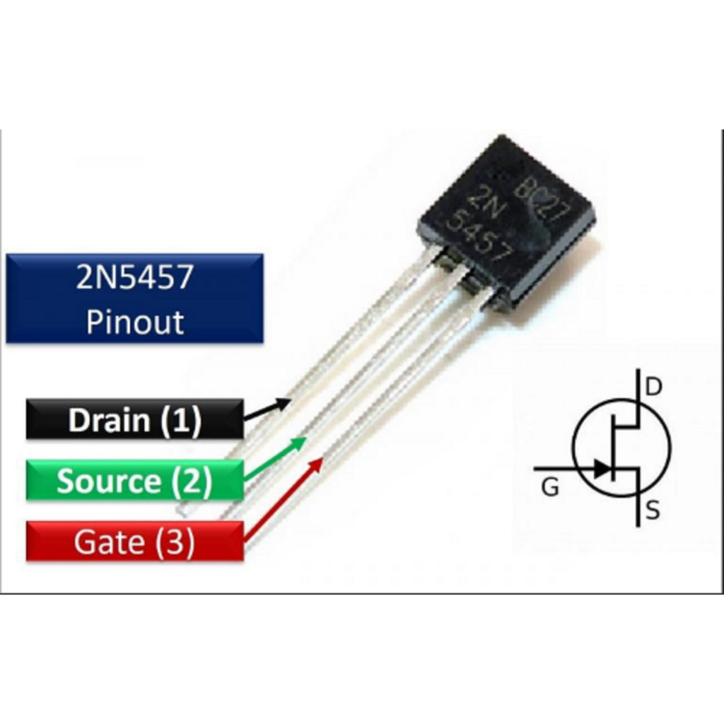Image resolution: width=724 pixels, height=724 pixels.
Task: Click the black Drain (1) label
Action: (x=134, y=420)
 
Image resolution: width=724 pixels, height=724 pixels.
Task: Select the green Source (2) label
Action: (x=134, y=481)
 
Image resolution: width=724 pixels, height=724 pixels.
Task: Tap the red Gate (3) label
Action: (x=134, y=542)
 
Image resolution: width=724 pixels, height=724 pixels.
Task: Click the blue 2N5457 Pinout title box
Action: (x=134, y=299)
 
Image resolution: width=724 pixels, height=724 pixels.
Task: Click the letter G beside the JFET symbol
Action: (x=550, y=488)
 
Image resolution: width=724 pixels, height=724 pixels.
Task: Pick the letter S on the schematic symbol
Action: (x=653, y=510)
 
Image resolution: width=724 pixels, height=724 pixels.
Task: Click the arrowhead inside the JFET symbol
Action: (x=602, y=467)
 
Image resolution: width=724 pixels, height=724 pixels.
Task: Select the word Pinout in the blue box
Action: (x=134, y=322)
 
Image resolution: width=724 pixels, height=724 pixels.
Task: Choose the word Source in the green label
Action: (x=108, y=481)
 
